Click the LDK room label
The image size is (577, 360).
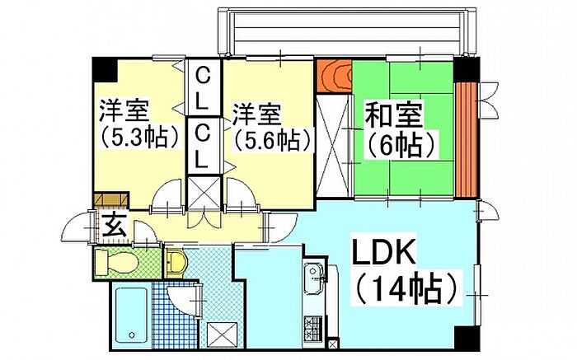(383, 251)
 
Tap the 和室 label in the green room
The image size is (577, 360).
(393, 115)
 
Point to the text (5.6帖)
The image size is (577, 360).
(270, 140)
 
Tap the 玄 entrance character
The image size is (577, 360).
(113, 225)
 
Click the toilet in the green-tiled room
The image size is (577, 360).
(115, 262)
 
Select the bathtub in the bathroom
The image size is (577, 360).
(131, 316)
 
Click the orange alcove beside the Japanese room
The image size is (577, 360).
(334, 77)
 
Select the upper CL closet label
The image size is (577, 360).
(203, 89)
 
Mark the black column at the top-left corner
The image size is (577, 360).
(104, 70)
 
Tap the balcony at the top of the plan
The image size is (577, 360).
(347, 32)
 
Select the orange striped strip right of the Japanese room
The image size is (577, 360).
(467, 139)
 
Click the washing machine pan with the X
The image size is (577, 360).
(223, 334)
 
